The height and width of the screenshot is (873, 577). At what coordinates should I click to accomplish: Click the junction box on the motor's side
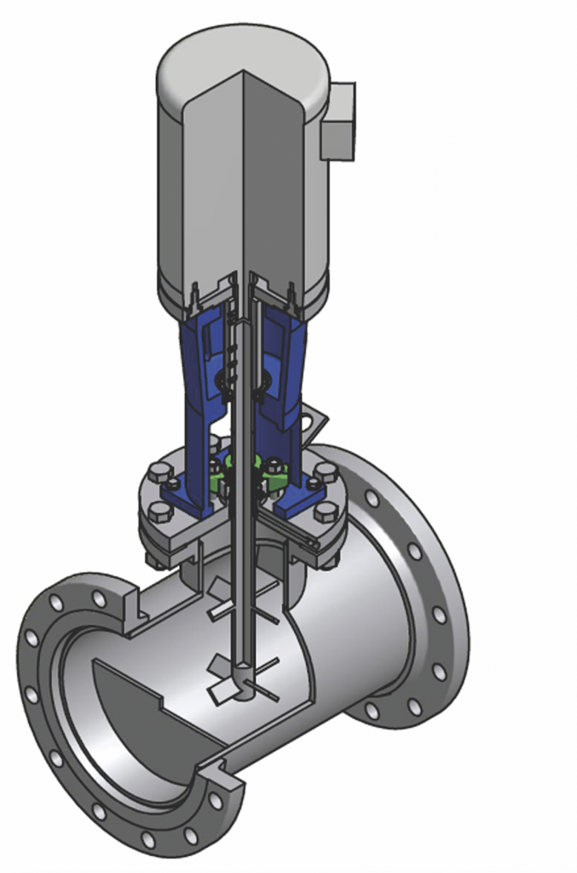pos(338,121)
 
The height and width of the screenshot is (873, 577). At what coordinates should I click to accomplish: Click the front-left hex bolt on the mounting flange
pos(159,511)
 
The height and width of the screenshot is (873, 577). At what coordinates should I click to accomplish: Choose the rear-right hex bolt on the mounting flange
pos(326,471)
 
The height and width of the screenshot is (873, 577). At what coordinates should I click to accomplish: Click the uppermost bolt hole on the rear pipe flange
pos(372,498)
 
